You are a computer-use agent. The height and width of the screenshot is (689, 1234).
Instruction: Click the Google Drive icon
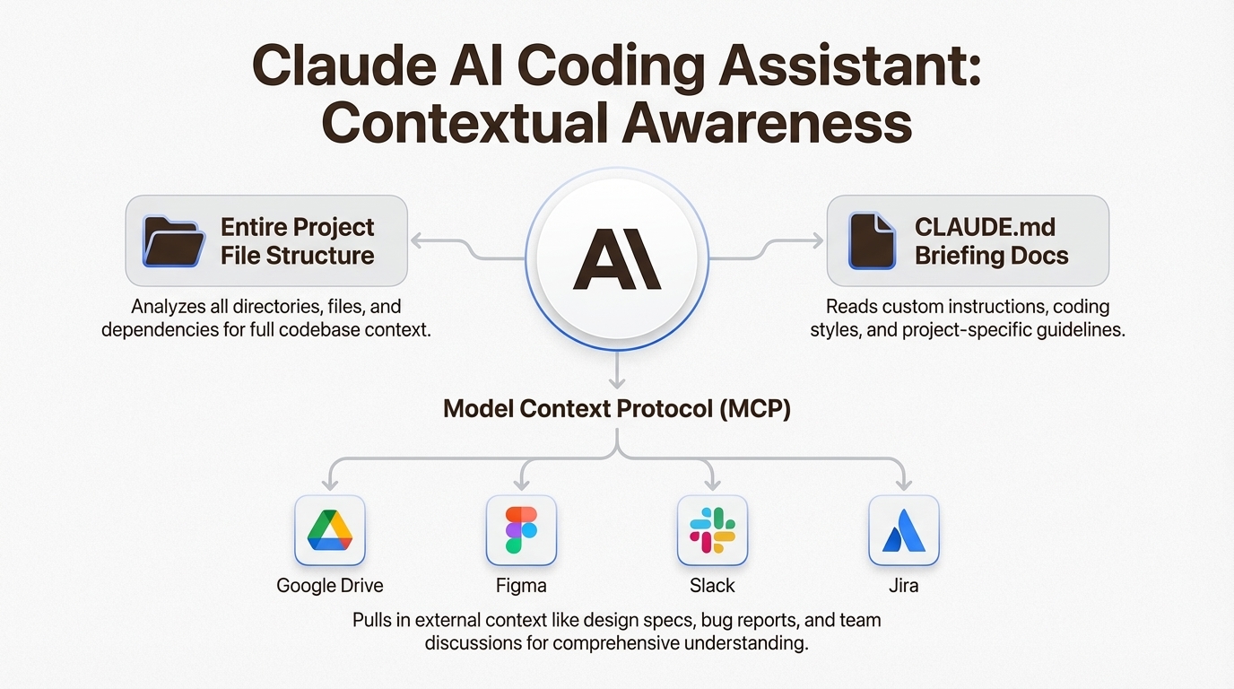tap(330, 530)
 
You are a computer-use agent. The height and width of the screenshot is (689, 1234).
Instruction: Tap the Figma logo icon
tap(521, 529)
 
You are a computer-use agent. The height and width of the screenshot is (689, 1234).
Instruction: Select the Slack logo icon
tap(712, 530)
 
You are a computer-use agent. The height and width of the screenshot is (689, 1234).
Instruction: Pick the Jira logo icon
tap(903, 531)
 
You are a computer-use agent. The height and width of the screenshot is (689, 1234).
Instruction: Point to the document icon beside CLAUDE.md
tap(872, 240)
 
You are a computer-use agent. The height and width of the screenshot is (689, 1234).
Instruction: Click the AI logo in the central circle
tap(617, 259)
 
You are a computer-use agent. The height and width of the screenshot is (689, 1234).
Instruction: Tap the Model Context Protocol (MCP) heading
tap(617, 409)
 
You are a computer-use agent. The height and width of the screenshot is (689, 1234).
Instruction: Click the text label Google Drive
tap(330, 585)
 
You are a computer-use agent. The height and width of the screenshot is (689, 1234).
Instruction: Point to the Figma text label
tap(521, 585)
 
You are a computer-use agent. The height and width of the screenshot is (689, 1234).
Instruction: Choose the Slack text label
tap(712, 585)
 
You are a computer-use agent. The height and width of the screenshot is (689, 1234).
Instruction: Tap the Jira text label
tap(903, 585)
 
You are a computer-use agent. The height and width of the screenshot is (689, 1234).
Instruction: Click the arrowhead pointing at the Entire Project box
tap(418, 240)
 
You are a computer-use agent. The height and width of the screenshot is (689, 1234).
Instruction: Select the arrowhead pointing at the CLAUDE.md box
tap(817, 240)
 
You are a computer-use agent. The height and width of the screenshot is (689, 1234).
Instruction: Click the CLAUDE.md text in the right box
tap(985, 227)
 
